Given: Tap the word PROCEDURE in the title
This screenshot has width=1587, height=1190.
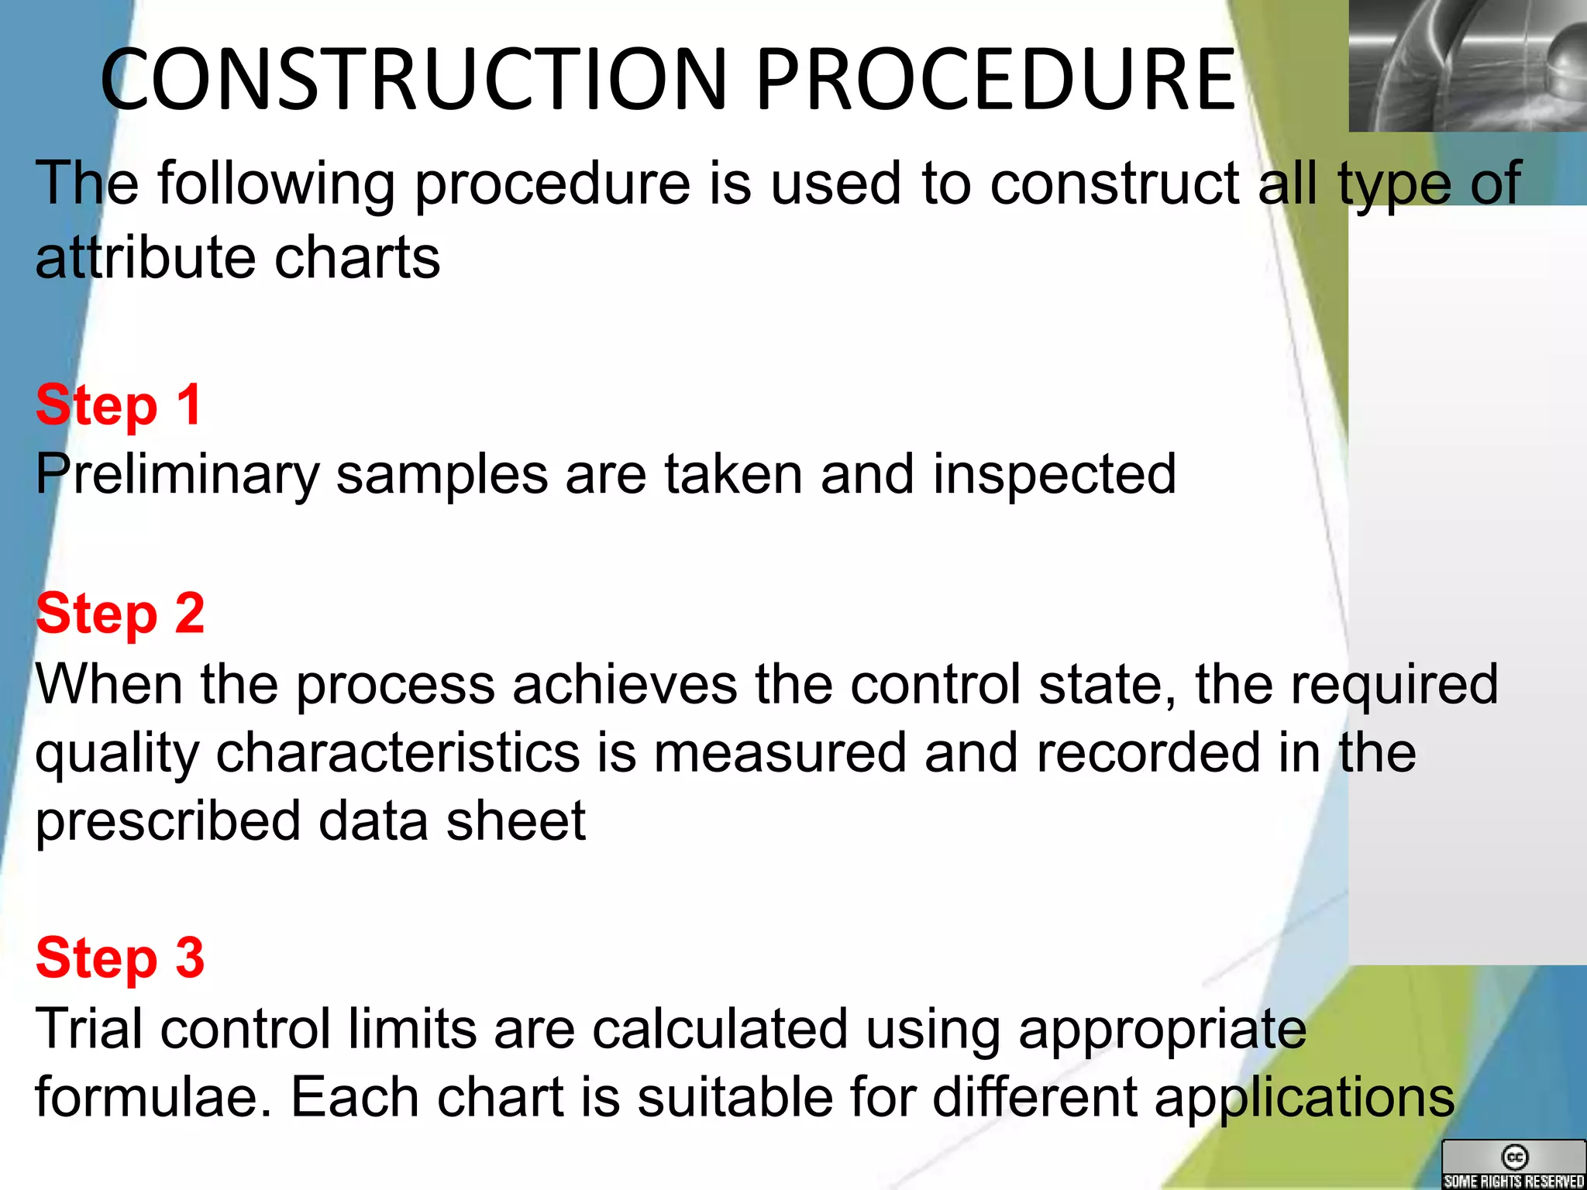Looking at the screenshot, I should click(x=994, y=79).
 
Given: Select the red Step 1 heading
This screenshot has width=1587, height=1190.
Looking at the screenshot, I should click(x=119, y=405).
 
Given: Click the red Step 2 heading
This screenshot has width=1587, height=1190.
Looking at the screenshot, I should click(x=120, y=614).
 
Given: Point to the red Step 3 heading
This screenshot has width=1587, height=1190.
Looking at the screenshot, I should click(x=120, y=958).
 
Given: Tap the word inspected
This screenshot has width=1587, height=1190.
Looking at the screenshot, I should click(x=1055, y=475).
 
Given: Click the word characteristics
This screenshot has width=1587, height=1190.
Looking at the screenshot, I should click(x=398, y=753).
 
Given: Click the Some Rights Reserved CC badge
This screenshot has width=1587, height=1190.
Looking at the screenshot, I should click(x=1513, y=1165).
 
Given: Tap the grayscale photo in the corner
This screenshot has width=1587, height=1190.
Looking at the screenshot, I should click(x=1467, y=65).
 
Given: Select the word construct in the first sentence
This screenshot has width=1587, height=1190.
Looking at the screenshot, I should click(x=1115, y=184).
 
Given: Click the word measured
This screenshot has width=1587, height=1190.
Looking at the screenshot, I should click(x=780, y=753).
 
